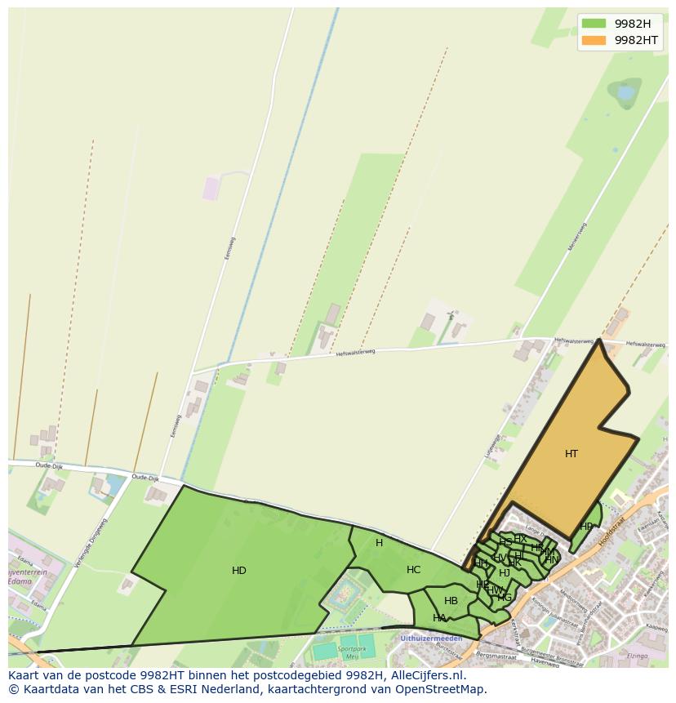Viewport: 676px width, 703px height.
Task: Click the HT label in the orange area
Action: (x=571, y=454)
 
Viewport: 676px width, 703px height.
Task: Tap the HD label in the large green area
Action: (x=239, y=571)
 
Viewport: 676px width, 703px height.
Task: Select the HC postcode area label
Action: (x=414, y=570)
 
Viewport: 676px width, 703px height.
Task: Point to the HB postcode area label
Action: (x=451, y=601)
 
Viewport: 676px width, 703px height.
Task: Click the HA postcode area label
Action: (x=440, y=618)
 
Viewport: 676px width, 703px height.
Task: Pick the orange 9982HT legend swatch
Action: (x=594, y=40)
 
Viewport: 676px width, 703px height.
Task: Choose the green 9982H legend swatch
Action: (x=594, y=24)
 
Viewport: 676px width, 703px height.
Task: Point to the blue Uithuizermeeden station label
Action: (x=431, y=638)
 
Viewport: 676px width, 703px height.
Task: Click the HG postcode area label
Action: (x=505, y=598)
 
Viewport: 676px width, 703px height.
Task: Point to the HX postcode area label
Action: (x=520, y=539)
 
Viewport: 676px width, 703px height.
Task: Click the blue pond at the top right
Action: (x=626, y=93)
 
